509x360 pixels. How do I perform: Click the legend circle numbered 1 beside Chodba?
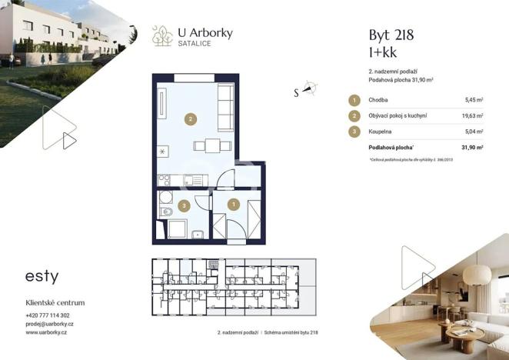click(x=354, y=100)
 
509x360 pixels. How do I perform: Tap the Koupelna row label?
click(x=382, y=132)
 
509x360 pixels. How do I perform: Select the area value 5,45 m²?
click(x=474, y=100)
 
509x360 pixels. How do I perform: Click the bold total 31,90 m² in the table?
click(x=472, y=147)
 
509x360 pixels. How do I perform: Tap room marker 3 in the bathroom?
click(x=183, y=205)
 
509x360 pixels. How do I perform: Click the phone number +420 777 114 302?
click(x=47, y=316)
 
